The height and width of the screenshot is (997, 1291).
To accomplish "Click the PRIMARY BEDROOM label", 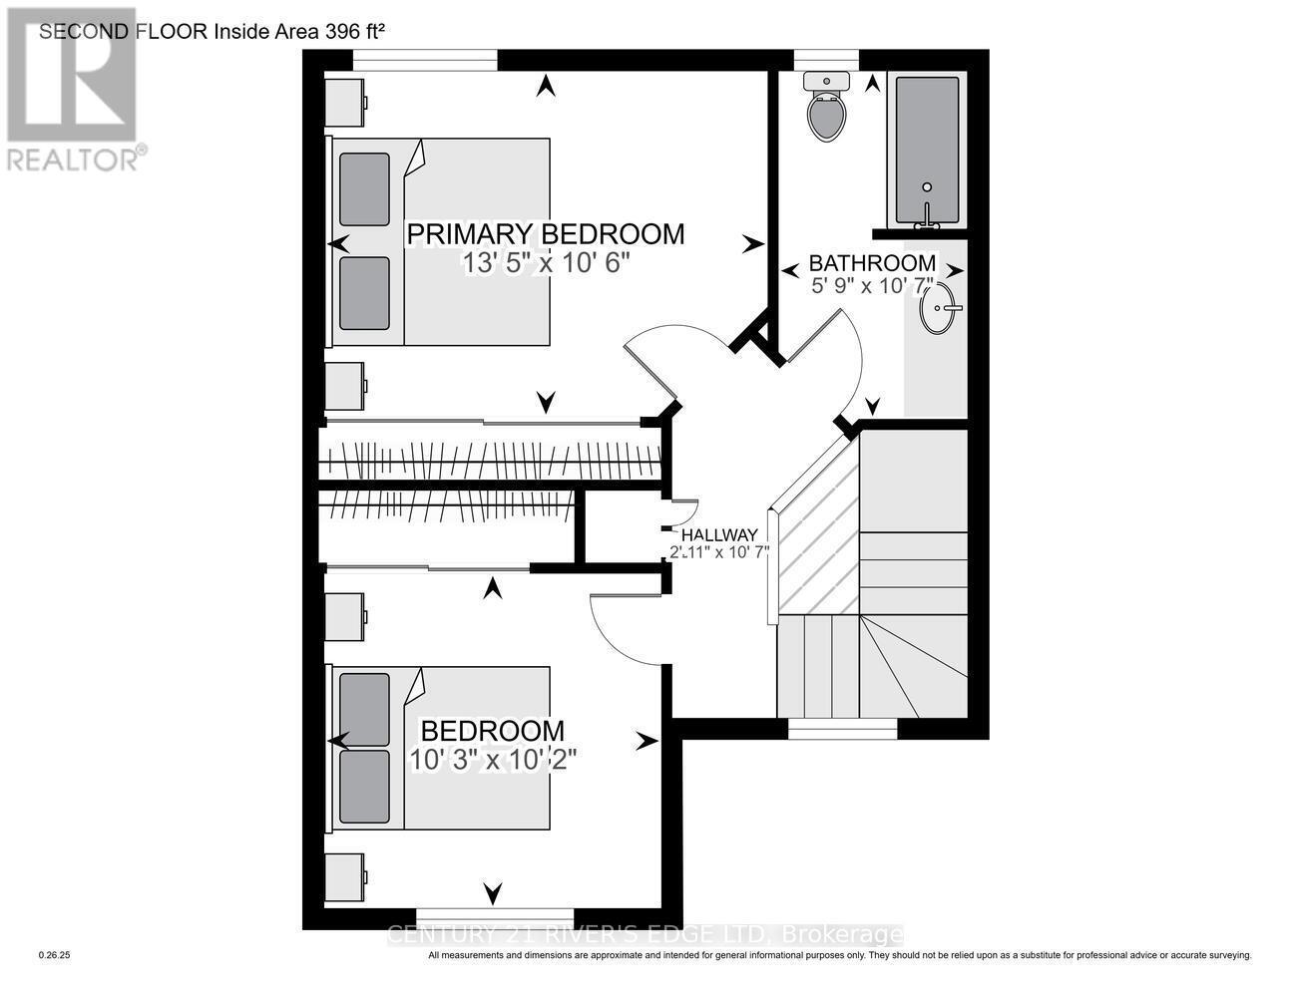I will coord(546,234).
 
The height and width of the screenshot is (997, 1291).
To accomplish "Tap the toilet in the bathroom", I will coord(827,109).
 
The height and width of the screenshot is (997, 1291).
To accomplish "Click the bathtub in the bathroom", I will coord(927,150).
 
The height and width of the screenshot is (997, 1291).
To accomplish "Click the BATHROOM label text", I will coord(872,263).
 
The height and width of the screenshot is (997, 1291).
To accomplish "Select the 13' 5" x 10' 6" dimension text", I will coord(546,262).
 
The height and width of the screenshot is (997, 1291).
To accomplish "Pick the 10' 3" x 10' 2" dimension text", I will coord(493,759).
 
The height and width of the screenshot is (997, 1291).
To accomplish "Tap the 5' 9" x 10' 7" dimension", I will coord(872,286).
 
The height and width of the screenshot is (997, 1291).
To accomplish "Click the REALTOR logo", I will coord(73,90).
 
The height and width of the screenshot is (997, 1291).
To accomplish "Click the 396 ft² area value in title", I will coord(354,31).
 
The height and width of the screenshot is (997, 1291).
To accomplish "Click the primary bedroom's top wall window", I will coord(425,61).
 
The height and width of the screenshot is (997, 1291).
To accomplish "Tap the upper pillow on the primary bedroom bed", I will coord(364,189).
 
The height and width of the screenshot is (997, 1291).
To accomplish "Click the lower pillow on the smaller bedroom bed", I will coord(364,787).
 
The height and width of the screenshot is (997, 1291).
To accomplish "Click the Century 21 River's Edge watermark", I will coord(644,935).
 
